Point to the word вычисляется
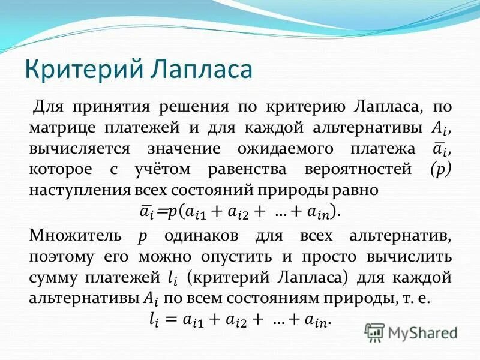75,148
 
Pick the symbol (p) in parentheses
441,169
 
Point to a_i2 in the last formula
233,320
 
